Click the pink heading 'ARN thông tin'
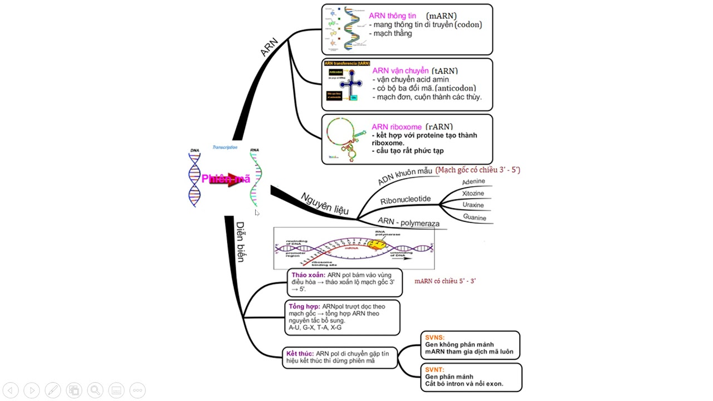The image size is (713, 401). tap(392, 16)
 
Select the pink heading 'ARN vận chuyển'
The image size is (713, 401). tap(400, 71)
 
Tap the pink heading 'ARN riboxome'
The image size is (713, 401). tap(397, 127)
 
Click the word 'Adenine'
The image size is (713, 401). tap(473, 182)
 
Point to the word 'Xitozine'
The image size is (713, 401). tap(473, 193)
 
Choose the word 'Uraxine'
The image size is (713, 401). tap(473, 205)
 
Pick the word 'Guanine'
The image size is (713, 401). tap(475, 217)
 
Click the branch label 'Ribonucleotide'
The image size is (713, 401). tap(406, 199)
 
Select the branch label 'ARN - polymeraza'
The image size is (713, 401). tap(408, 222)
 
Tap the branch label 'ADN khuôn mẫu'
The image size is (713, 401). tap(405, 176)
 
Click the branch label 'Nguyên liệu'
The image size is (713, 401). tap(325, 203)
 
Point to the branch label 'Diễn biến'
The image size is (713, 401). tap(240, 242)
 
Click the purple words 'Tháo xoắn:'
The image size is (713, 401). tap(308, 275)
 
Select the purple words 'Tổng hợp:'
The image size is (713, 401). tap(304, 306)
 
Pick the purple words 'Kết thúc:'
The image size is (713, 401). tap(300, 354)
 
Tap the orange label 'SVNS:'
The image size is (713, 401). tap(435, 338)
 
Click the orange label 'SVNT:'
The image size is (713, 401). tap(434, 370)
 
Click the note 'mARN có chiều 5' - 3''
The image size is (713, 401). tap(445, 281)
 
